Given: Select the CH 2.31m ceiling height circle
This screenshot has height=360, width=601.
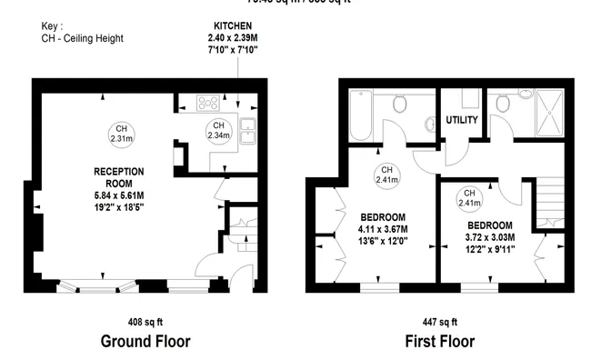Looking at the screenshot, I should (x=120, y=134).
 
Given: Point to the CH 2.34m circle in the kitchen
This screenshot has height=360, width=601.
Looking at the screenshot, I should (x=218, y=130).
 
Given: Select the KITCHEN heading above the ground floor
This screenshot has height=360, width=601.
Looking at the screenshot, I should (x=233, y=25).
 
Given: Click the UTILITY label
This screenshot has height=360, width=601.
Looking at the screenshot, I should (x=462, y=120).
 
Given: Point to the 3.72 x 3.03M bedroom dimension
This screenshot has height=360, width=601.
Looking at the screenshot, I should (x=491, y=237).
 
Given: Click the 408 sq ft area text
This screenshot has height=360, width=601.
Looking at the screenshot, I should (x=145, y=322).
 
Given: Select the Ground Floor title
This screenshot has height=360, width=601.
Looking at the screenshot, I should (x=145, y=342).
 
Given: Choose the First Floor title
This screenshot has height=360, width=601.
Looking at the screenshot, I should (x=439, y=342).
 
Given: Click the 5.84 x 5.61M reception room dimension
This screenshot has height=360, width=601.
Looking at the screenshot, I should (x=119, y=194).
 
